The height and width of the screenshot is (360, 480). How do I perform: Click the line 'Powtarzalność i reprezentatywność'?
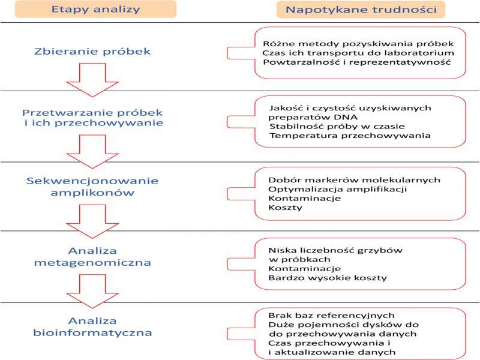[356, 62]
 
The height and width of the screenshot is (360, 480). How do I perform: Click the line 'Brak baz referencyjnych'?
[331, 315]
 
